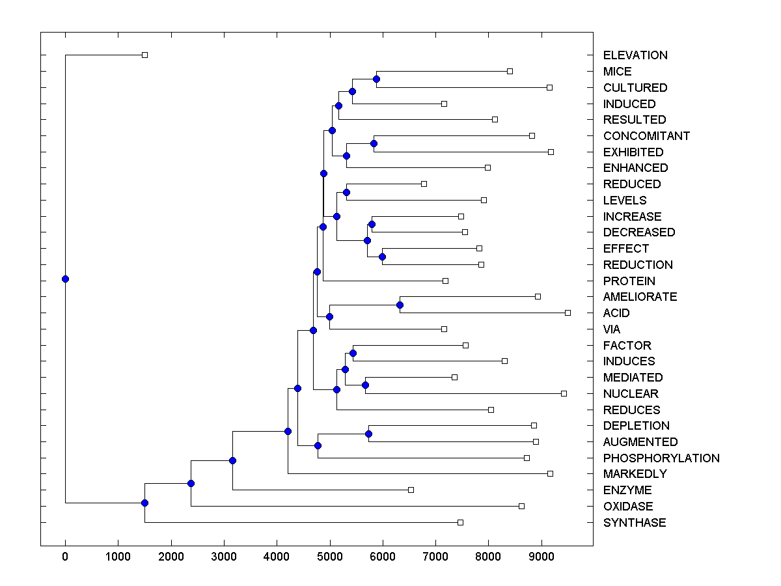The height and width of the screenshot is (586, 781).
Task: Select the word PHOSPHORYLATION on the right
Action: (661, 458)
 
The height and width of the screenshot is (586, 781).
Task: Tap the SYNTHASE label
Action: (635, 523)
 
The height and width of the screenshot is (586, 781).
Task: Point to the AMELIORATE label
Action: (640, 297)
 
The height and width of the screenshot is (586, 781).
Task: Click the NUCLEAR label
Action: (631, 394)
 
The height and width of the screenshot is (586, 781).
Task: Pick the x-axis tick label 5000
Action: (330, 555)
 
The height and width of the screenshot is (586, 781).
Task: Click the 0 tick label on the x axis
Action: (65, 555)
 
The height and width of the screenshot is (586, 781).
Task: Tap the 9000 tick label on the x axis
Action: (541, 555)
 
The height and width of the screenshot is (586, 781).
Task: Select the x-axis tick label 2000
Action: (171, 555)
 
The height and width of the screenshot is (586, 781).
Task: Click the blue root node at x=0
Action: (65, 279)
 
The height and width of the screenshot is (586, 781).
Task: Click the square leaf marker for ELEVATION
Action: (144, 55)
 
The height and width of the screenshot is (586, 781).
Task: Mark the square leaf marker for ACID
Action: (568, 313)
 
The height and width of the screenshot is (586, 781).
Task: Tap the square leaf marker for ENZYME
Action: (411, 490)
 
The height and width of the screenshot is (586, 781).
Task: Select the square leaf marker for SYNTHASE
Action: (460, 522)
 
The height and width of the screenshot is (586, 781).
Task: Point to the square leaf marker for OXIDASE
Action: (521, 506)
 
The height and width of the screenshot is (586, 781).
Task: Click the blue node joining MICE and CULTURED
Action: (376, 79)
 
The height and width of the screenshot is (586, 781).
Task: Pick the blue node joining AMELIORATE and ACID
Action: (400, 305)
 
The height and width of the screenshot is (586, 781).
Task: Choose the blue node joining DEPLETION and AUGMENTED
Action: (368, 434)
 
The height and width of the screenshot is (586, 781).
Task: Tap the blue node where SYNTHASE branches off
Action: (144, 503)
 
